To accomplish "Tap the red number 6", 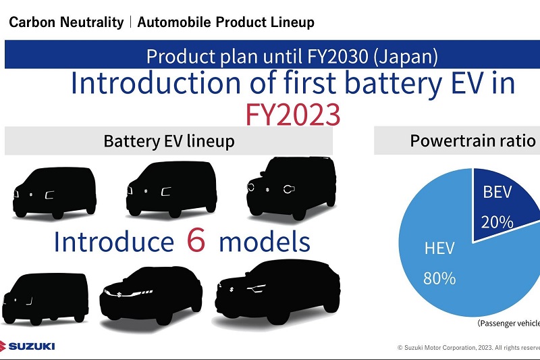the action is pyautogui.click(x=196, y=240).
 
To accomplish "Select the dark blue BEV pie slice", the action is pyautogui.click(x=503, y=203).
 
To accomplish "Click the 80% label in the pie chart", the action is pyautogui.click(x=439, y=278).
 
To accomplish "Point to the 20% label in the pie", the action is pyautogui.click(x=497, y=222).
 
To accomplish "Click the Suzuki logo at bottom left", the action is pyautogui.click(x=28, y=346).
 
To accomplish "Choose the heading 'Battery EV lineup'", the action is pyautogui.click(x=169, y=141).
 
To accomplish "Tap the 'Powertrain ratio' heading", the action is pyautogui.click(x=473, y=140).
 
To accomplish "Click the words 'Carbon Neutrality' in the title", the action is pyautogui.click(x=66, y=22).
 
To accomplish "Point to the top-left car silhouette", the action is pyautogui.click(x=55, y=193).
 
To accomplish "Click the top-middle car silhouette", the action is pyautogui.click(x=171, y=189).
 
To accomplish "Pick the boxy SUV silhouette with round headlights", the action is pyautogui.click(x=292, y=188).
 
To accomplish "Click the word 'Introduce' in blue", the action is pyautogui.click(x=114, y=242).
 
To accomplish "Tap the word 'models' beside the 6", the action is pyautogui.click(x=265, y=242).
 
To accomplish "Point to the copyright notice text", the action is pyautogui.click(x=468, y=348).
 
